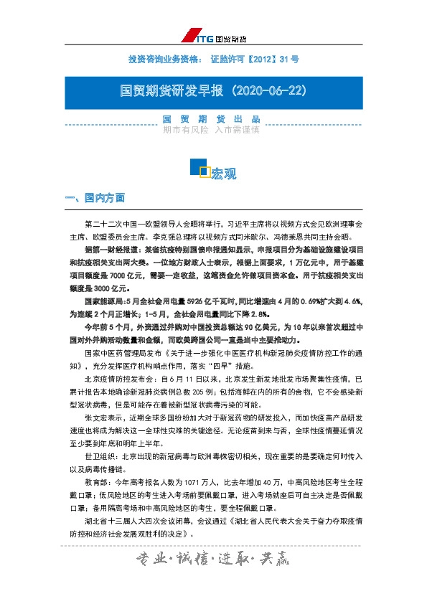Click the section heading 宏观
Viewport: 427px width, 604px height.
224,174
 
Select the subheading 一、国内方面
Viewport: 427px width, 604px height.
95,197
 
